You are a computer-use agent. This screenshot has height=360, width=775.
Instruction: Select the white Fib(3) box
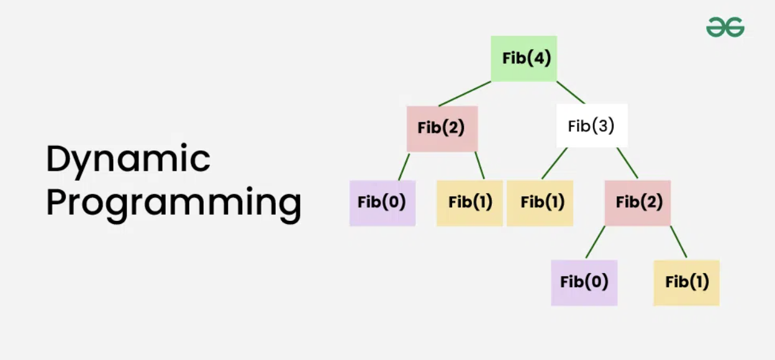(x=591, y=126)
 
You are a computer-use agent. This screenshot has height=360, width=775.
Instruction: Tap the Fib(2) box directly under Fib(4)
(x=442, y=128)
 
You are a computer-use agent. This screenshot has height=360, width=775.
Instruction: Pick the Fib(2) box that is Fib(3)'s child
(x=638, y=202)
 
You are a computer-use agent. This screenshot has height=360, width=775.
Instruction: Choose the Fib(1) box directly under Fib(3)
(x=540, y=202)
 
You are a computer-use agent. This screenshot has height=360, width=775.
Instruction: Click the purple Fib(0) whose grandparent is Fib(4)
(x=382, y=202)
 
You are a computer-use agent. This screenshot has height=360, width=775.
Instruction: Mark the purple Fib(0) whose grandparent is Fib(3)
(x=584, y=282)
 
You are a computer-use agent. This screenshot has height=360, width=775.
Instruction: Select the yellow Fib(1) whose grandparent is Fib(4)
(x=469, y=202)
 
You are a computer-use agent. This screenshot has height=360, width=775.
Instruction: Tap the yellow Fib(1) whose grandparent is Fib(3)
(x=686, y=282)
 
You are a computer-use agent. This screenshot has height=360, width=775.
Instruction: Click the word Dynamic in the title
(x=128, y=158)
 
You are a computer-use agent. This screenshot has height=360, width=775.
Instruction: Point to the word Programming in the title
(x=173, y=203)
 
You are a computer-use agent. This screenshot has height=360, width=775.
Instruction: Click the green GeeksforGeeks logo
(x=725, y=27)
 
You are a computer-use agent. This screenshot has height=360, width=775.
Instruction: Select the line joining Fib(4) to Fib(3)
(x=570, y=92)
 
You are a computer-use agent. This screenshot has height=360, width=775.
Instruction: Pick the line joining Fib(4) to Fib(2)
(x=465, y=94)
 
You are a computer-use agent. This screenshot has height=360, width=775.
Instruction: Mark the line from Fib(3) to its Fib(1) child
(x=555, y=163)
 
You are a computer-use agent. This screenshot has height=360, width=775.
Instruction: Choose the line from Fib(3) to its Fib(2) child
(x=627, y=163)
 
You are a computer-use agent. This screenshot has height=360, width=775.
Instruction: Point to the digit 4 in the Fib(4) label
(x=540, y=58)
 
